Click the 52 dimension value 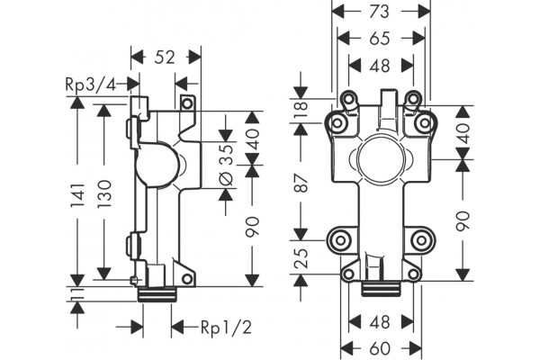(x=165, y=58)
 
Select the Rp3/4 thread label (x=91, y=84)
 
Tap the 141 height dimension (x=77, y=195)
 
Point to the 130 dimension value (x=104, y=193)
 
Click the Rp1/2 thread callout (x=226, y=328)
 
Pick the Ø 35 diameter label (x=227, y=165)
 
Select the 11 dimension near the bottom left (x=77, y=294)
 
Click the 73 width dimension (x=380, y=12)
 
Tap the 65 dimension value (x=380, y=38)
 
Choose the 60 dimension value (x=380, y=348)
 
